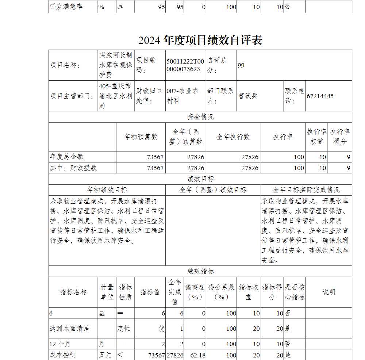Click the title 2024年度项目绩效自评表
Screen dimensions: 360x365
pyautogui.click(x=200, y=40)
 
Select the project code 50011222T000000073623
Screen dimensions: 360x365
pyautogui.click(x=185, y=65)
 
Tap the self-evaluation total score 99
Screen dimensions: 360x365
pyautogui.click(x=241, y=65)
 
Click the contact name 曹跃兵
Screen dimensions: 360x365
pyautogui.click(x=248, y=96)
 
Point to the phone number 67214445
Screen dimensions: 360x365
pyautogui.click(x=320, y=96)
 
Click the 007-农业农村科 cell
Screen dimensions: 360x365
pyautogui.click(x=183, y=96)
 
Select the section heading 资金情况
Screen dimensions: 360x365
pyautogui.click(x=200, y=117)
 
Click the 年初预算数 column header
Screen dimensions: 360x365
pyautogui.click(x=141, y=137)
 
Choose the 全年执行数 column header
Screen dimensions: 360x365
pyautogui.click(x=233, y=137)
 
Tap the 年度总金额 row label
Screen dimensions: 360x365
pyautogui.click(x=66, y=157)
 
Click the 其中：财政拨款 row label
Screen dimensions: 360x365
pyautogui.click(x=73, y=168)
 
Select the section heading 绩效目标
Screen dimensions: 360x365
pyautogui.click(x=200, y=179)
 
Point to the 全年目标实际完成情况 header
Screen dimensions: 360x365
pyautogui.click(x=306, y=190)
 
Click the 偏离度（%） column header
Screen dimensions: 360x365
pyautogui.click(x=195, y=292)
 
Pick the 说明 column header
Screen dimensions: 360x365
pyautogui.click(x=328, y=292)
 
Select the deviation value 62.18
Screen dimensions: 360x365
pyautogui.click(x=198, y=355)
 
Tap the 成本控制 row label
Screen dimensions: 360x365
pyautogui.click(x=63, y=355)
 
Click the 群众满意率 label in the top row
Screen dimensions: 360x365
pyautogui.click(x=66, y=7)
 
